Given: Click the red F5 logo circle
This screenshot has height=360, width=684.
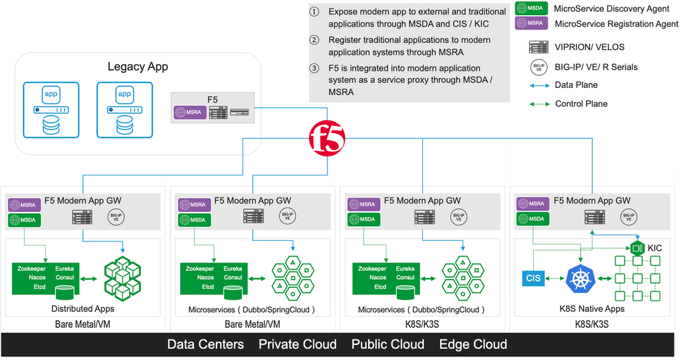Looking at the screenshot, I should pyautogui.click(x=327, y=138).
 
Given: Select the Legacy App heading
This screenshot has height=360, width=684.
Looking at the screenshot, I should pyautogui.click(x=138, y=67).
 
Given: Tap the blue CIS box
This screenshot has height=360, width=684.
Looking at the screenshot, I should pyautogui.click(x=533, y=278).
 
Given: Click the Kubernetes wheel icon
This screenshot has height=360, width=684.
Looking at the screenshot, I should pyautogui.click(x=583, y=278).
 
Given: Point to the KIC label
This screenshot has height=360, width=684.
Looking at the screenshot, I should pyautogui.click(x=655, y=248).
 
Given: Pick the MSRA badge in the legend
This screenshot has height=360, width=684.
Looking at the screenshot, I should pyautogui.click(x=531, y=23).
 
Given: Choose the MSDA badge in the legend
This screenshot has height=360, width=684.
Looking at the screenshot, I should pyautogui.click(x=531, y=8).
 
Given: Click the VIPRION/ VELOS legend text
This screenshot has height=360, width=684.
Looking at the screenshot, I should pyautogui.click(x=589, y=47).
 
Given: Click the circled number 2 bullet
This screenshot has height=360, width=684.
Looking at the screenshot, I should pyautogui.click(x=315, y=40).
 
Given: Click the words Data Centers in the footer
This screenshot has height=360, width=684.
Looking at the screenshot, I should pyautogui.click(x=205, y=344).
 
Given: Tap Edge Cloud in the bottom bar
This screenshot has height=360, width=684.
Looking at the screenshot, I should pyautogui.click(x=473, y=344).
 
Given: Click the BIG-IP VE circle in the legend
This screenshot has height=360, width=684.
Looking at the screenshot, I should pyautogui.click(x=539, y=67).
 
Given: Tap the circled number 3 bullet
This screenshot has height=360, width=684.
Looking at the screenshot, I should pyautogui.click(x=315, y=69).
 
